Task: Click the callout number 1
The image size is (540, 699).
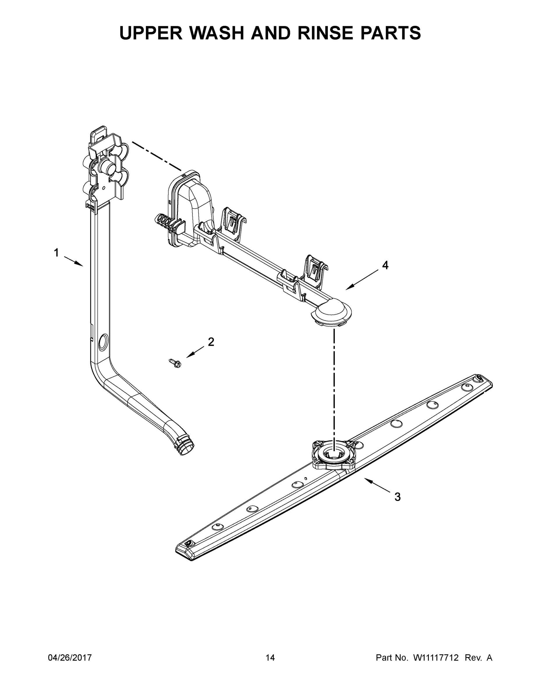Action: tap(56, 253)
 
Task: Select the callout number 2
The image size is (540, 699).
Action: tap(211, 342)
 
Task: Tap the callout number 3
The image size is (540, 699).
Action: tap(397, 497)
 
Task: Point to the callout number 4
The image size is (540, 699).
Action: tap(385, 265)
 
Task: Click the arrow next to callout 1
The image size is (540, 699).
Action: tap(73, 261)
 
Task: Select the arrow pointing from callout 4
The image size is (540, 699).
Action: tap(363, 280)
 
